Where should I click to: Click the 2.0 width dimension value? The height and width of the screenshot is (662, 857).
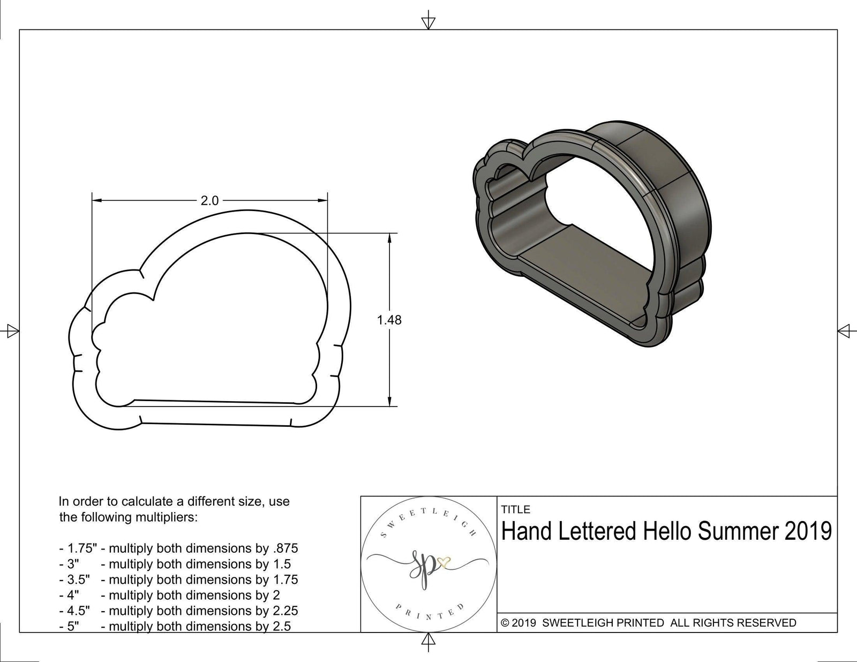(209, 201)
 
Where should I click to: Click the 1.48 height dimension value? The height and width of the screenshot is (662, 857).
(389, 320)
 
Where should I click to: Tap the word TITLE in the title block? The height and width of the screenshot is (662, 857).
(516, 509)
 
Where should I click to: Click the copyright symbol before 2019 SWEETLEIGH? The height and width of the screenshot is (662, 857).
(505, 623)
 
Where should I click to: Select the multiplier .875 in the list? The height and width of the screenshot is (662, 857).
(285, 548)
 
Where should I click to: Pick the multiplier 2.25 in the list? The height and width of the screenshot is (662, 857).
(285, 611)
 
